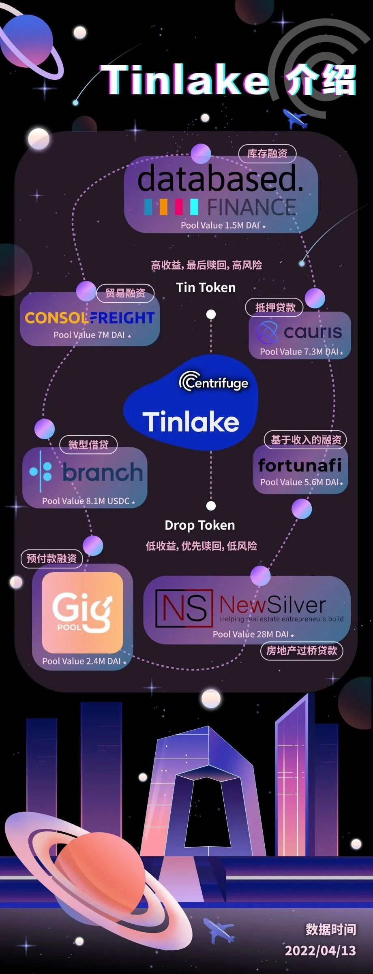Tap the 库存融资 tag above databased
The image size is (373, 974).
coord(267,154)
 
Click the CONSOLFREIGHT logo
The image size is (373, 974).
coord(90,318)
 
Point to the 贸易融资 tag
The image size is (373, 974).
coord(125,293)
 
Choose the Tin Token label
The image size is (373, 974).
coord(206,288)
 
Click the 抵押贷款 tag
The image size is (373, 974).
coord(275,308)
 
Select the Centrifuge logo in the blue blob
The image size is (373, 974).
coord(214,382)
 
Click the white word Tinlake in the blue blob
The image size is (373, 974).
coord(191,422)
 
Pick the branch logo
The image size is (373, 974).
coord(86,472)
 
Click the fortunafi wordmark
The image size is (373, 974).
coord(300,466)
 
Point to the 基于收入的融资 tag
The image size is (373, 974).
coord(306,440)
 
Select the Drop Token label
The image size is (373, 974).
coord(199,525)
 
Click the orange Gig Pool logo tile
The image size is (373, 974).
coord(82,612)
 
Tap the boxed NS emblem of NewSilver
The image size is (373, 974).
coord(184,608)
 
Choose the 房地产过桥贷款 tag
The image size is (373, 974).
coord(301,651)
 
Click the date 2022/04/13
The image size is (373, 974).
coord(320,951)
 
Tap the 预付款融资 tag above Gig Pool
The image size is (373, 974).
coord(51,559)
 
